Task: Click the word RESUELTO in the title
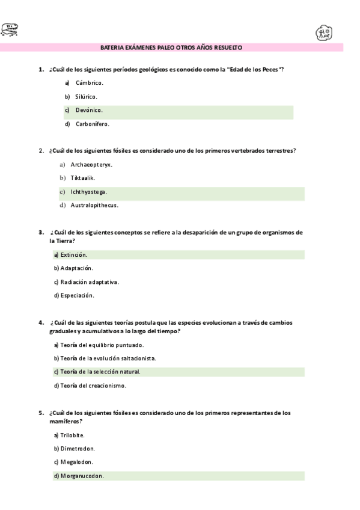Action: tap(230, 47)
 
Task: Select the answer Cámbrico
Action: tap(89, 82)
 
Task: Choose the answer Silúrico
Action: tap(86, 96)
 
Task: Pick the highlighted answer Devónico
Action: tap(89, 110)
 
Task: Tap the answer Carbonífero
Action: tap(92, 124)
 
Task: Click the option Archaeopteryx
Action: tap(91, 164)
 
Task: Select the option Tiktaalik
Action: tap(82, 177)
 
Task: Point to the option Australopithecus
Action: tap(94, 205)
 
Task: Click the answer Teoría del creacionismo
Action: tap(93, 386)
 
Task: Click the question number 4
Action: tap(41, 322)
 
